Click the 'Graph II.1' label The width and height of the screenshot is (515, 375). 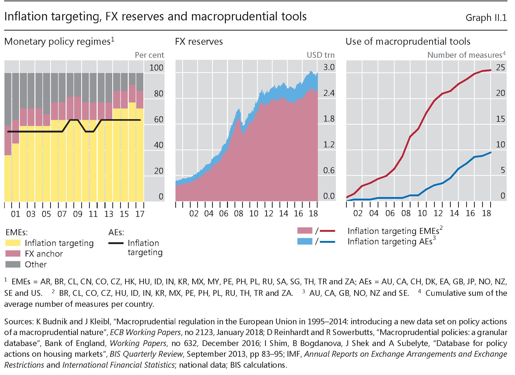pos(486,18)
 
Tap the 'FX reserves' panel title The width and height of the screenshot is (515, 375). pos(199,42)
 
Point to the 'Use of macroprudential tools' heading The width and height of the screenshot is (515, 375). pos(408,42)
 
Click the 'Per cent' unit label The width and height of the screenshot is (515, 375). pos(149,55)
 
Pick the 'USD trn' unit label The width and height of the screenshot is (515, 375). pos(320,55)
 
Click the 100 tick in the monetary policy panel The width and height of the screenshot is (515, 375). pos(156,68)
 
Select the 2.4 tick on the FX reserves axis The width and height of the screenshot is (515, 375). pos(329,93)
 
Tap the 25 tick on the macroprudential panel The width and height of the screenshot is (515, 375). pos(500,67)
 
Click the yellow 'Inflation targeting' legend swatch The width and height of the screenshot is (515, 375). pos(13,243)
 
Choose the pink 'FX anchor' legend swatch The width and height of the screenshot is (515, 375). pos(13,254)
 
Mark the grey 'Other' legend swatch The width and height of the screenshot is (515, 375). pos(13,264)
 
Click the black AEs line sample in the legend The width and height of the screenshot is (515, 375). pos(116,243)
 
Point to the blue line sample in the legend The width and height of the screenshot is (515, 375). pos(327,242)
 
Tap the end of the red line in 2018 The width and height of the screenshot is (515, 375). pos(490,70)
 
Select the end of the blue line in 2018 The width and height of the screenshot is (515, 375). pos(490,153)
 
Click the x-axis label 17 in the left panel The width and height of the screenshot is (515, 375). pos(140,214)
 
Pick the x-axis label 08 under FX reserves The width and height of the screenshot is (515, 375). pos(238,214)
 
